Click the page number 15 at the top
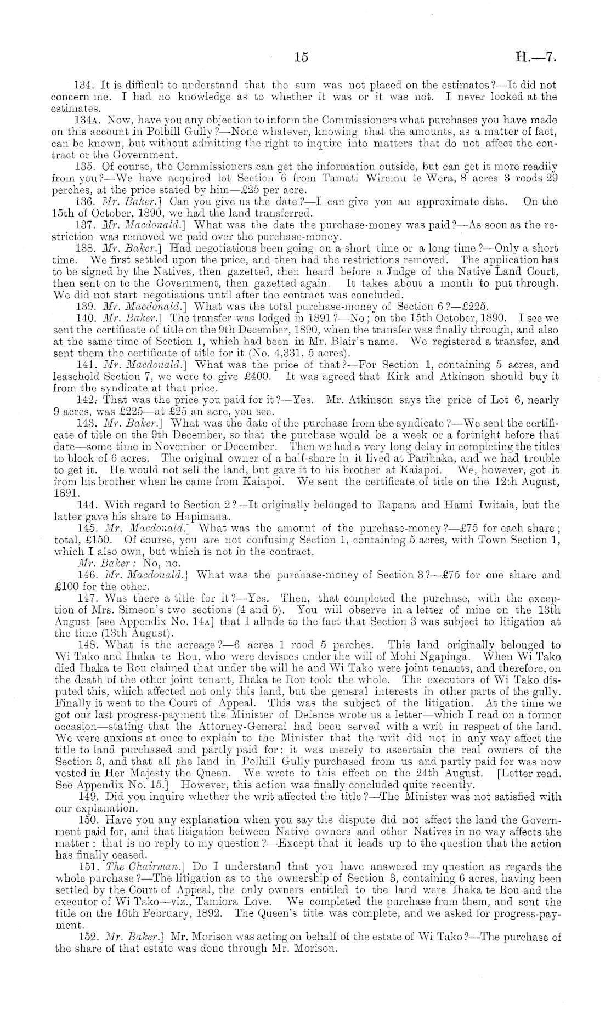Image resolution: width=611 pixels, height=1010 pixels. [x=302, y=57]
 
